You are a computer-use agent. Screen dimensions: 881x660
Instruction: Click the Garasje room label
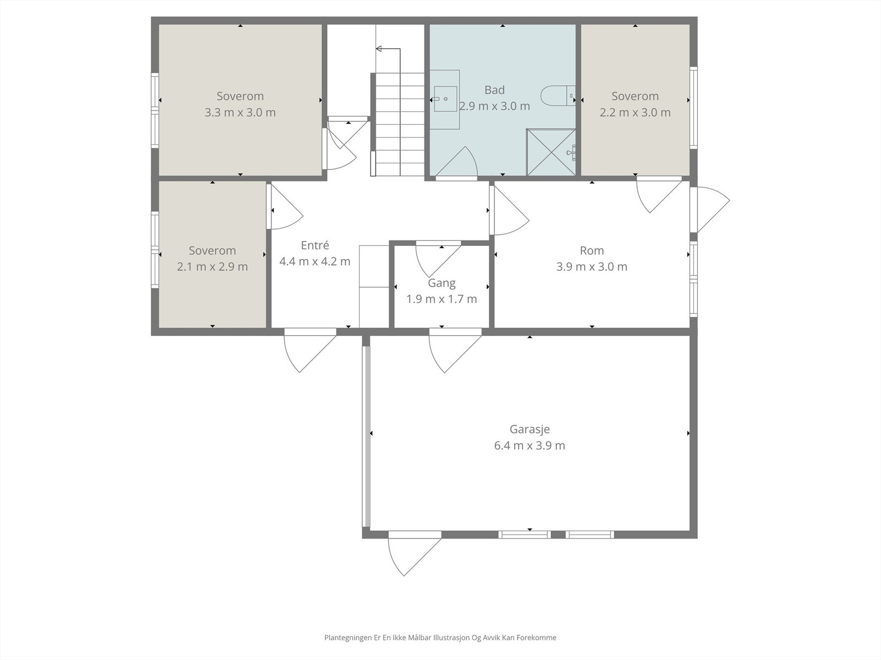pos(529,430)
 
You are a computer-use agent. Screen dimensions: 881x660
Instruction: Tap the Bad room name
pos(494,90)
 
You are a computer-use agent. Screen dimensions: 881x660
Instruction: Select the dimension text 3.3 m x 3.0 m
pos(240,112)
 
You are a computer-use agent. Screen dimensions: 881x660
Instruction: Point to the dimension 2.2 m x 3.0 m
pos(635,112)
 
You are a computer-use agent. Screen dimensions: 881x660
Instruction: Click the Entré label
pos(314,245)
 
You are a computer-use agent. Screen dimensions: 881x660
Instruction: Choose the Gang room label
pos(442,283)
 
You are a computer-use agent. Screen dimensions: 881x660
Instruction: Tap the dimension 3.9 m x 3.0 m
pos(591,267)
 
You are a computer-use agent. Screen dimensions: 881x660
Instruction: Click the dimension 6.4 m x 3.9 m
pos(529,446)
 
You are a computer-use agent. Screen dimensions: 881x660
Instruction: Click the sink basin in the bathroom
pos(445,99)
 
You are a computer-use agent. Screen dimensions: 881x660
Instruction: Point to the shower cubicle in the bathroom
pos(551,152)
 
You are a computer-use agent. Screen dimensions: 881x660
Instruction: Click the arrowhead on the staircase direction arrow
pos(378,49)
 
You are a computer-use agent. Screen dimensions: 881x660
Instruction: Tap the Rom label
pos(591,250)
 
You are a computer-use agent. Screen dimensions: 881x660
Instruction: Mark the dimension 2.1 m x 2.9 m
pos(213,267)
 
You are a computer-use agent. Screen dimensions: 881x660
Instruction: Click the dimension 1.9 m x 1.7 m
pos(442,299)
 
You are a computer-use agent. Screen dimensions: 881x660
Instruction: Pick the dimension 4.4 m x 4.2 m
pos(314,261)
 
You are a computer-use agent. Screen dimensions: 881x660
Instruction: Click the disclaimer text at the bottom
pos(440,637)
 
